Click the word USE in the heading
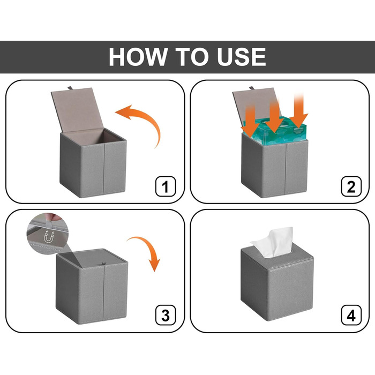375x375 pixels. click(242, 57)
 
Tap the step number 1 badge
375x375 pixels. click(166, 186)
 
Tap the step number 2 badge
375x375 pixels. click(351, 186)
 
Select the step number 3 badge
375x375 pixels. click(166, 315)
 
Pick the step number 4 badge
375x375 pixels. click(351, 315)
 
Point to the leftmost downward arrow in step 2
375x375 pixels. click(250, 123)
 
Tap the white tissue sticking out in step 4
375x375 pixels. click(273, 242)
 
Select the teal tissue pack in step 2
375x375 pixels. click(275, 132)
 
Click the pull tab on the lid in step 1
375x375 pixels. click(70, 88)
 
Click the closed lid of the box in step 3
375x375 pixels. click(93, 259)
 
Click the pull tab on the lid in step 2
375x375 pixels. click(252, 88)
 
